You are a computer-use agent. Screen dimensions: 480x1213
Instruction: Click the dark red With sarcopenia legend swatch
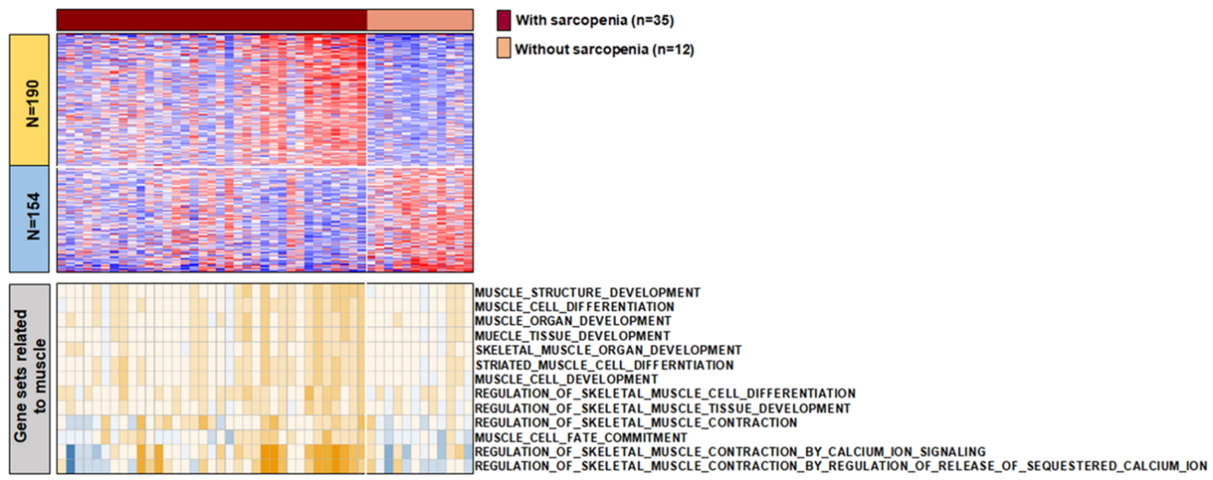[503, 20]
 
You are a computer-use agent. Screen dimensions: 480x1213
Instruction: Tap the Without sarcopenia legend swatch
[503, 48]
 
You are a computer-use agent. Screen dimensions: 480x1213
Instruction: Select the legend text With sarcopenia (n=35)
[595, 20]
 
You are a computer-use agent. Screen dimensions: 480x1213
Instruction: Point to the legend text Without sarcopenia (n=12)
[604, 49]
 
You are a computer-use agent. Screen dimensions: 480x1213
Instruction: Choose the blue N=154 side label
[29, 218]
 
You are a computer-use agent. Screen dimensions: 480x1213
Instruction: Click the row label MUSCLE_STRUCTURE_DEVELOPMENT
[587, 293]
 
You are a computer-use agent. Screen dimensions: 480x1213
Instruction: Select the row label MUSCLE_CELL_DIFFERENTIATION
[574, 307]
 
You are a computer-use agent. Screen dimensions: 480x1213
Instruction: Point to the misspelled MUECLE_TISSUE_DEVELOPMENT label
[572, 336]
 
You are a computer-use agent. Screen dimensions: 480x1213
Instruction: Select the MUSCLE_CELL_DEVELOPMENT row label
[566, 379]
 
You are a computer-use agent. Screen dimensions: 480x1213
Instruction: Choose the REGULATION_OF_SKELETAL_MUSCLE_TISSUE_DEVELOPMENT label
[662, 408]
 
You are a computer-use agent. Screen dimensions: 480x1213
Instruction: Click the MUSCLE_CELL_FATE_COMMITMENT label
[581, 437]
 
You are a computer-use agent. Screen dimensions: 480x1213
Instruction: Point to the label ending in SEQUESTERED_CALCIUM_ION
[841, 466]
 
